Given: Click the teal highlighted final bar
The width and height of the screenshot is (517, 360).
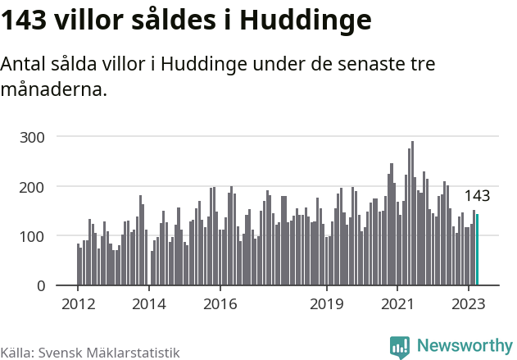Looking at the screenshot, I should pyautogui.click(x=477, y=250).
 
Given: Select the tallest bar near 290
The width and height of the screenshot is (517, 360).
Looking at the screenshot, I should pyautogui.click(x=412, y=213).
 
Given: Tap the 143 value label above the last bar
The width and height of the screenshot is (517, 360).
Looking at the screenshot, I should pyautogui.click(x=477, y=196).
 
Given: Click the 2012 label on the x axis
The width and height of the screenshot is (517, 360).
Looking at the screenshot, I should pyautogui.click(x=78, y=303).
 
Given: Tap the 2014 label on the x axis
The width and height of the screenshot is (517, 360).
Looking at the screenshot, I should pyautogui.click(x=149, y=303).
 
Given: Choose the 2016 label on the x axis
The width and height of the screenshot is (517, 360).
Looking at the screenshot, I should pyautogui.click(x=220, y=303).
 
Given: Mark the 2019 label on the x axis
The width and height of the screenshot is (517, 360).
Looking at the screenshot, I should pyautogui.click(x=327, y=303).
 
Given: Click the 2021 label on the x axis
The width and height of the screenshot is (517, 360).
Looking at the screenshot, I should pyautogui.click(x=397, y=303).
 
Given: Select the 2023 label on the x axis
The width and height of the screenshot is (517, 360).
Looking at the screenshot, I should pyautogui.click(x=469, y=303).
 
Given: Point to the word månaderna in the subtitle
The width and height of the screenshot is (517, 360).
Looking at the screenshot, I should pyautogui.click(x=54, y=89).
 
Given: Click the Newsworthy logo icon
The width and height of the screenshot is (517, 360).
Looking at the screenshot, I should pyautogui.click(x=400, y=347).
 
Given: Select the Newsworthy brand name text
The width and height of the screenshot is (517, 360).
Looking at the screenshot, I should pyautogui.click(x=464, y=347).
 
